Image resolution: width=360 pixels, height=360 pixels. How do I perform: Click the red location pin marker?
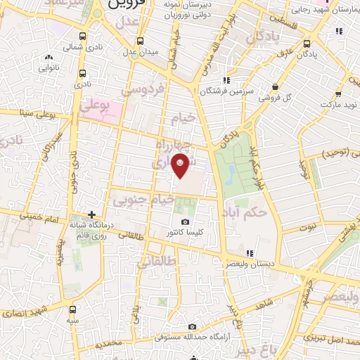click(x=182, y=166)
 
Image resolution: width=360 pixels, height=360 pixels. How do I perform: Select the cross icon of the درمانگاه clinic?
click(x=91, y=214)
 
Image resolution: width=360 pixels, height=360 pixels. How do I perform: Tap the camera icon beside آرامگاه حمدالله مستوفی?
click(x=193, y=327)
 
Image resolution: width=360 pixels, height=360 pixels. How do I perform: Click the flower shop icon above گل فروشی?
click(x=274, y=88)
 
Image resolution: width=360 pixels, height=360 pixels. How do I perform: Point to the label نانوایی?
click(x=49, y=67)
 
